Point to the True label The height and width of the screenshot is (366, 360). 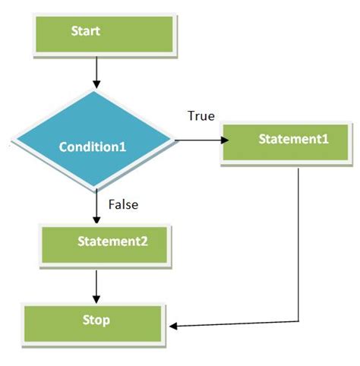[x=201, y=116]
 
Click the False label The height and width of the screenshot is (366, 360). [x=122, y=204]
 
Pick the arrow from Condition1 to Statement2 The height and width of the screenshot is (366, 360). [x=97, y=205]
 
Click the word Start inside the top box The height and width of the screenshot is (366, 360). [x=86, y=32]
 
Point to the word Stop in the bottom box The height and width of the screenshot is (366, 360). [x=96, y=320]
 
